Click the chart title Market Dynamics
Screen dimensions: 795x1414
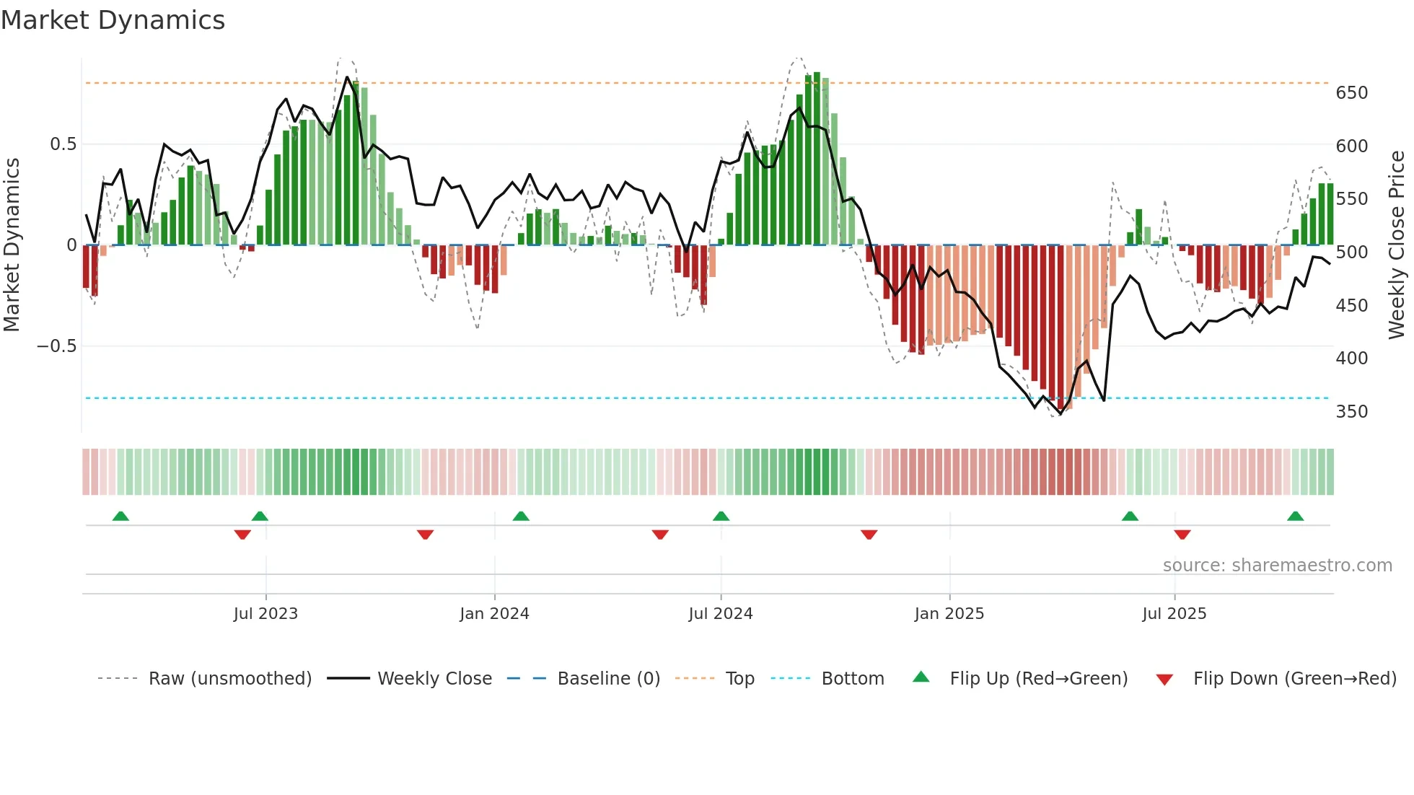[x=113, y=20]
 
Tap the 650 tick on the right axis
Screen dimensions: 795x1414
[x=1351, y=93]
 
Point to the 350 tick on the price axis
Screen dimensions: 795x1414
[x=1351, y=412]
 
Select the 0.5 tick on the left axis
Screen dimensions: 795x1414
[x=63, y=144]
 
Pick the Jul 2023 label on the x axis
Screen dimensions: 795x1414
[x=265, y=614]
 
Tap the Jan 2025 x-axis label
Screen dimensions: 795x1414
[x=949, y=614]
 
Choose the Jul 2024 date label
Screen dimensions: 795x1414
[x=720, y=614]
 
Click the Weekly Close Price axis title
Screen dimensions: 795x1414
[x=1397, y=245]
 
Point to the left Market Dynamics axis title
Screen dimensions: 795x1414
[x=12, y=245]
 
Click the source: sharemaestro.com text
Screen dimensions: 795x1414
[x=1277, y=566]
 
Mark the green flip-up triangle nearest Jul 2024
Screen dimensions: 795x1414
[x=721, y=516]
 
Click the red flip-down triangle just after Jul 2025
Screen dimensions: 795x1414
[x=1182, y=535]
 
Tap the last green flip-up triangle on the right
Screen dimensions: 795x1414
[x=1295, y=516]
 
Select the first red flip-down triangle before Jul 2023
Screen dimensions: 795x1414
[x=242, y=535]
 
